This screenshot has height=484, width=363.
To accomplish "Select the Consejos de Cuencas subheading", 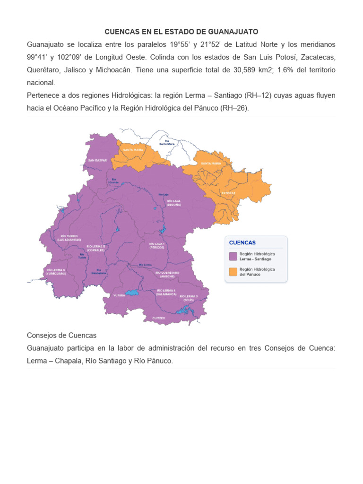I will coord(61,335).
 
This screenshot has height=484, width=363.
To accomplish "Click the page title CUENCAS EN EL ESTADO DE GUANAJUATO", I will coord(181,32).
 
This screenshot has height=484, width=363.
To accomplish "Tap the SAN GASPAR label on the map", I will coord(97,160).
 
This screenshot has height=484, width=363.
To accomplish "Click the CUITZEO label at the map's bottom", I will coord(159,318).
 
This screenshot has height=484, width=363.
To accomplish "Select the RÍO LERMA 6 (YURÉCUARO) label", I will coord(56,271).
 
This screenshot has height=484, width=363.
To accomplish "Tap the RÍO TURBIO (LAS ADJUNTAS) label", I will coord(69,238).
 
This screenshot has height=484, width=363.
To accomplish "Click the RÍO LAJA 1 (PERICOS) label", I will coord(156,245).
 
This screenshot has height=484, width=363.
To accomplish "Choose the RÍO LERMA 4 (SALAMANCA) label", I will coord(166,292).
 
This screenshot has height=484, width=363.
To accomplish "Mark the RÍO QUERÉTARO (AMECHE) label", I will coord(167,274).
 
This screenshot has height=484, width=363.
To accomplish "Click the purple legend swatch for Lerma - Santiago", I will coord(233,256).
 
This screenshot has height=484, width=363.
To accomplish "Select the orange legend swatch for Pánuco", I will coord(233,271).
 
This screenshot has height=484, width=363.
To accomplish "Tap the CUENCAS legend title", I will coord(242,242).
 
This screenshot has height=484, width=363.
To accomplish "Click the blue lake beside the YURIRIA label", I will coord(132,293).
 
